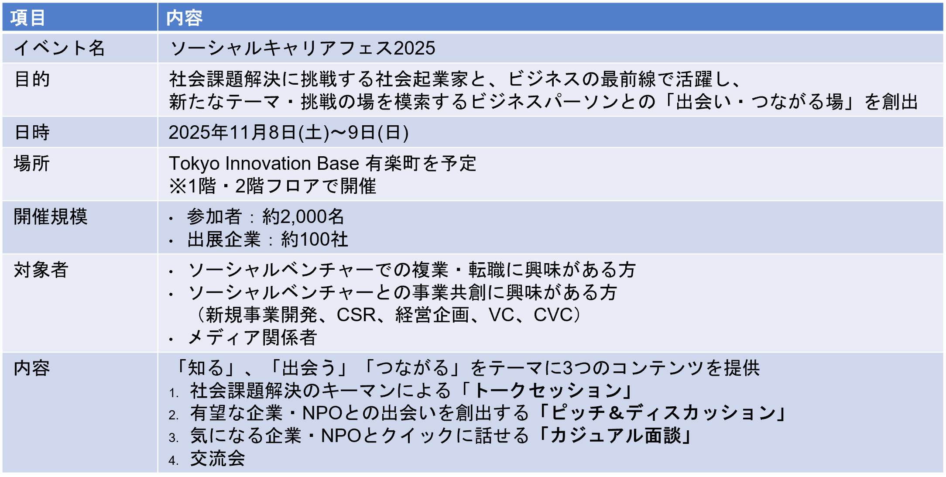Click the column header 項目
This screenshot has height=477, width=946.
tap(28, 18)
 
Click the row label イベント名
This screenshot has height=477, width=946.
tap(59, 48)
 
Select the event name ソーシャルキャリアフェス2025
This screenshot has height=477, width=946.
tap(302, 48)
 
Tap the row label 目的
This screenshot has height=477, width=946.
tap(32, 79)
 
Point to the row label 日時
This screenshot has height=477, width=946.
tap(32, 132)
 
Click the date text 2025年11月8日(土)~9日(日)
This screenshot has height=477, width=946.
tap(289, 132)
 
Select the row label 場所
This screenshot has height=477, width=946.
tap(32, 163)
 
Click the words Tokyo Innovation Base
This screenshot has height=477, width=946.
tap(264, 164)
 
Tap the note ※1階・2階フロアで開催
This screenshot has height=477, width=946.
tap(273, 186)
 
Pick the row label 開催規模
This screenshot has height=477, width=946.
tap(51, 216)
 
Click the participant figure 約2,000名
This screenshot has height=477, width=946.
tap(303, 216)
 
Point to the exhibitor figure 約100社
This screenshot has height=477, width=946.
tap(315, 239)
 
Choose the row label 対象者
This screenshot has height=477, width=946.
tap(41, 270)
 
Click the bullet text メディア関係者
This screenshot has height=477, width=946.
tap(252, 337)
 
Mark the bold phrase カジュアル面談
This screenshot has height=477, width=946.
tap(615, 436)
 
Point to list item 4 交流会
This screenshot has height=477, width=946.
tap(217, 459)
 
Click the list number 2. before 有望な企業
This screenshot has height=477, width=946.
tap(174, 415)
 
